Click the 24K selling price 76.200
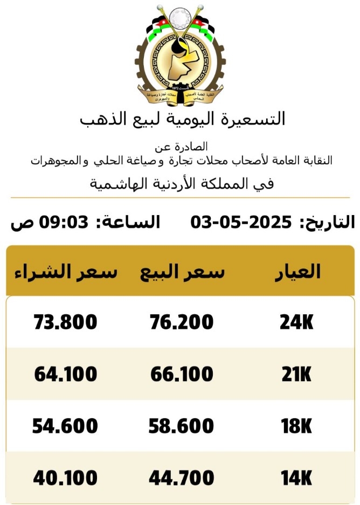[181, 322]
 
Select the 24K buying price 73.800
[65, 322]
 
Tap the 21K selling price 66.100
[182, 374]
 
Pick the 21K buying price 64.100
[66, 374]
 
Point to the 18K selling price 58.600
[182, 426]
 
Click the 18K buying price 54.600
[65, 426]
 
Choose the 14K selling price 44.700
[182, 478]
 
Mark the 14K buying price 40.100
[66, 478]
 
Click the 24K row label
[296, 323]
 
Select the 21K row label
[296, 375]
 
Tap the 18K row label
[296, 426]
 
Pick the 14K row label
[296, 478]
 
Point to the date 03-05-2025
[241, 222]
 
